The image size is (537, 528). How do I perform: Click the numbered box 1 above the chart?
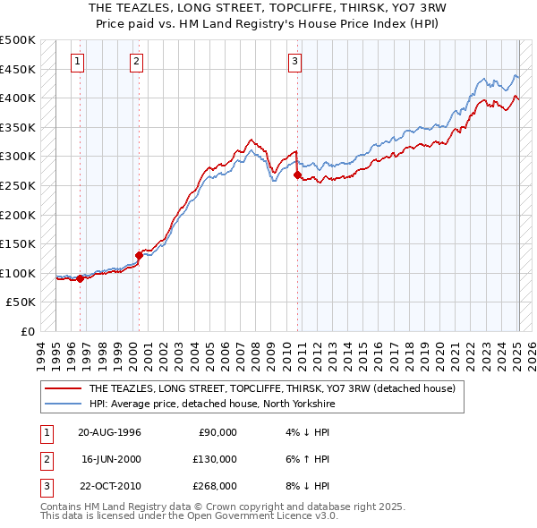78,62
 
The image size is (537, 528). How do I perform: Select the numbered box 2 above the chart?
136,62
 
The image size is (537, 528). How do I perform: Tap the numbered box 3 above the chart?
295,62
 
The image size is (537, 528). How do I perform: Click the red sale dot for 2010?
296,175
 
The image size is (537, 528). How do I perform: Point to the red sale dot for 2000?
139,255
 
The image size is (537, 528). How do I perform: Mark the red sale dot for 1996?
80,278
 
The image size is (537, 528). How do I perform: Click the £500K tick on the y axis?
18,41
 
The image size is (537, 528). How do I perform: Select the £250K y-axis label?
18,186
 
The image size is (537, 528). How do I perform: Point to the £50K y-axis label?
21,302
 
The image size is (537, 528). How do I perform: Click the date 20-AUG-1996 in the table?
109,432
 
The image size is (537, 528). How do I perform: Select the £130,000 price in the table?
212,459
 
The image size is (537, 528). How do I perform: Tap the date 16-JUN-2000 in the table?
109,459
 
